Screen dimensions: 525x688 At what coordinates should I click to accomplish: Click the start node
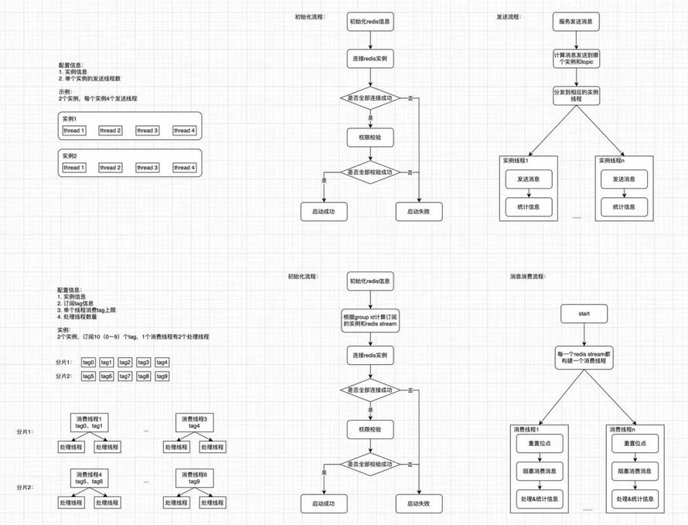(x=584, y=314)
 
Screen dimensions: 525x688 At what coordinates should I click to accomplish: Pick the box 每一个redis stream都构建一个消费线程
(x=584, y=359)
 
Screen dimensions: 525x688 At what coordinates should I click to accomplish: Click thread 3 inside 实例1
(x=147, y=131)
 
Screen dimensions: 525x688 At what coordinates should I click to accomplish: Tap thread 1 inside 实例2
(x=74, y=168)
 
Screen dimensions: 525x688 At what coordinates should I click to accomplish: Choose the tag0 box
(x=88, y=363)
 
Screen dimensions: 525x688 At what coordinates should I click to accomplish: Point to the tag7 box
(x=125, y=376)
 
